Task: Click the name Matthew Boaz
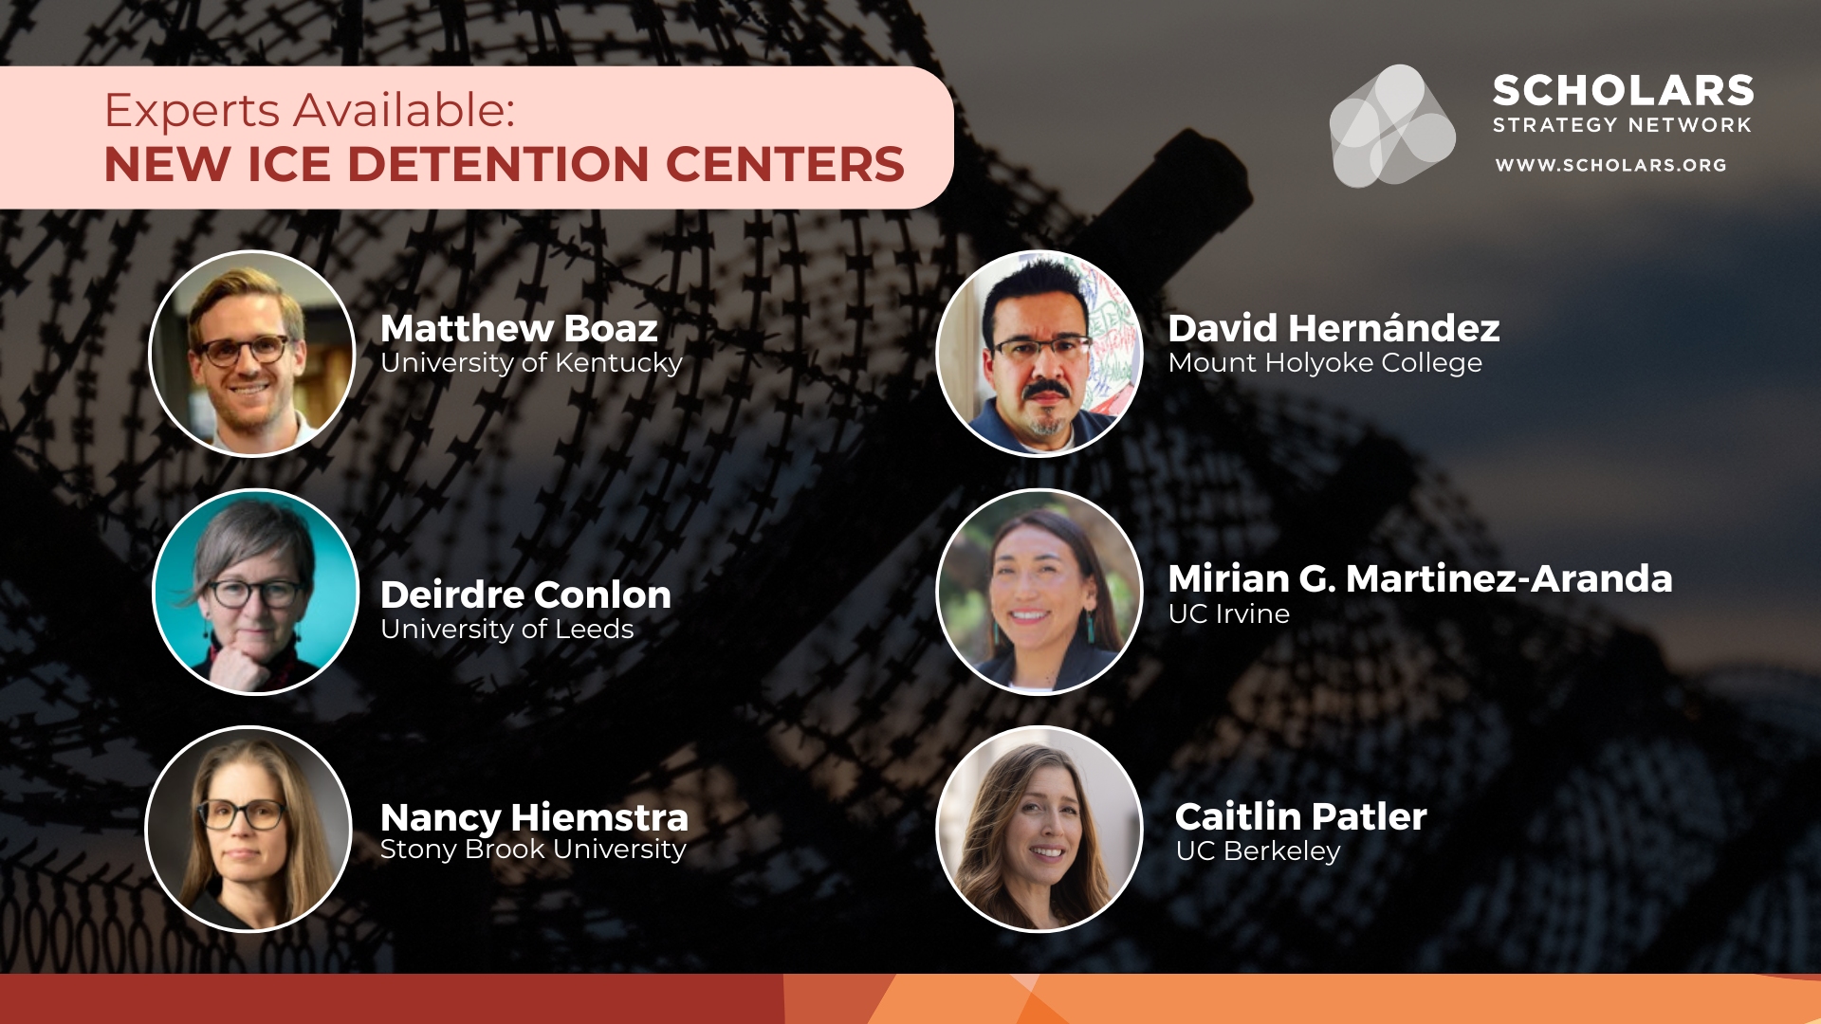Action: tap(519, 328)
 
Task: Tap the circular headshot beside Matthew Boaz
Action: tap(252, 354)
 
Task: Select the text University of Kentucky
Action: tap(531, 363)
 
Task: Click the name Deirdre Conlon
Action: tap(525, 594)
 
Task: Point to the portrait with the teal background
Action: tap(256, 592)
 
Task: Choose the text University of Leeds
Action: tap(506, 629)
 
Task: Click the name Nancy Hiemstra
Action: tap(534, 817)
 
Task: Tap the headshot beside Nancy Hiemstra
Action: tap(248, 829)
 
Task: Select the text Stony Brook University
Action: tap(533, 850)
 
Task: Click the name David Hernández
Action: tap(1334, 328)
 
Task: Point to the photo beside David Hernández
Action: tap(1039, 354)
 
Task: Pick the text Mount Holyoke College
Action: tap(1325, 363)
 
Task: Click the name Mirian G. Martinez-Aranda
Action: tap(1420, 578)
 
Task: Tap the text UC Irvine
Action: tap(1229, 614)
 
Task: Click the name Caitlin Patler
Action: tap(1300, 816)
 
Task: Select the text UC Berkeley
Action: tap(1258, 851)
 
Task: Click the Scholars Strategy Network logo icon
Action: tap(1392, 125)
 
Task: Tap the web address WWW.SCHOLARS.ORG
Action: tap(1610, 165)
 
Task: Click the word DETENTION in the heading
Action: tap(498, 165)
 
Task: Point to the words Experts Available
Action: tap(310, 111)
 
